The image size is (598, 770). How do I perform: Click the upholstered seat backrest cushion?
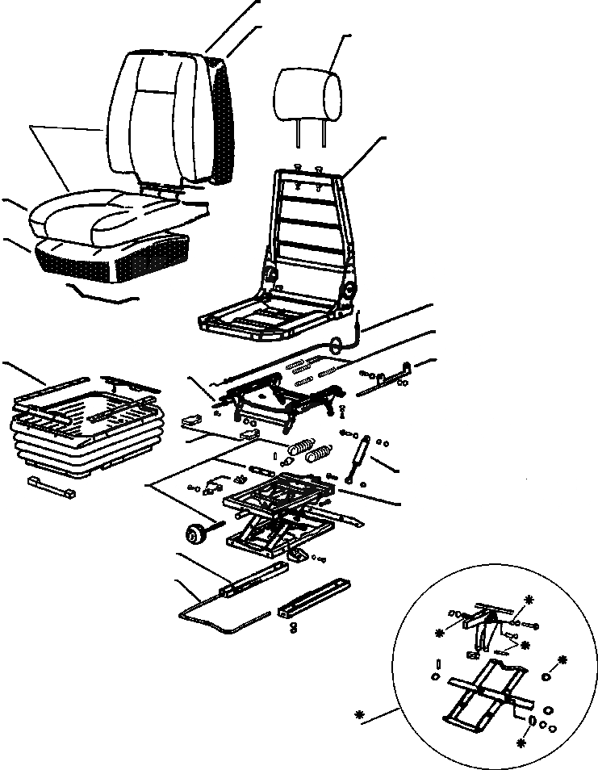tap(158, 113)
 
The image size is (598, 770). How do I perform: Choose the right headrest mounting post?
tap(324, 136)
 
